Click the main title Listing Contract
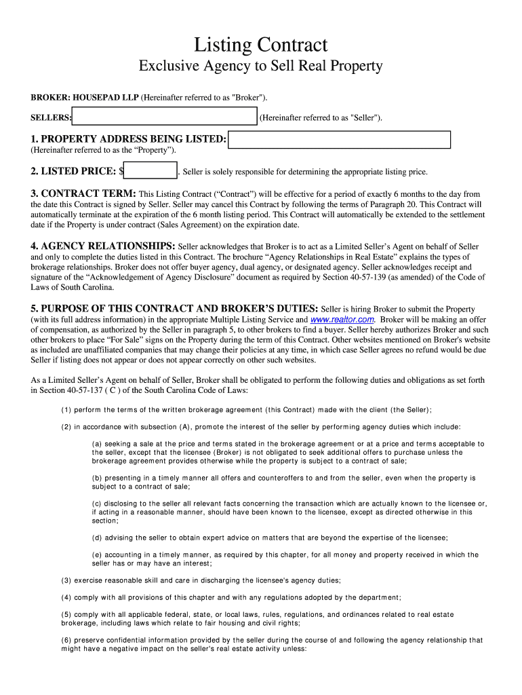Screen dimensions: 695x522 pyautogui.click(x=260, y=45)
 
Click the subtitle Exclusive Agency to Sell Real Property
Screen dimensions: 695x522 pyautogui.click(x=260, y=66)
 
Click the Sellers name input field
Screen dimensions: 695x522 pyautogui.click(x=165, y=117)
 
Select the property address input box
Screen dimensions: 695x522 pyautogui.click(x=340, y=140)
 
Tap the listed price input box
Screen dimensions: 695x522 pyautogui.click(x=151, y=171)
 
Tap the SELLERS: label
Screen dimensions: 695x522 pyautogui.click(x=51, y=117)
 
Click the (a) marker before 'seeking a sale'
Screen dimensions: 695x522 pyautogui.click(x=97, y=444)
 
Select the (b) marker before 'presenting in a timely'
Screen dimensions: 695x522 pyautogui.click(x=97, y=478)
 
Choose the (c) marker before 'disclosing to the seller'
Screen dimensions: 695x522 pyautogui.click(x=97, y=504)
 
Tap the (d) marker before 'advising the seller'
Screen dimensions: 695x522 pyautogui.click(x=97, y=538)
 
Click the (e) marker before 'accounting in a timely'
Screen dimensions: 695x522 pyautogui.click(x=97, y=555)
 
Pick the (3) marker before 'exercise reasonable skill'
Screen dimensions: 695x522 pyautogui.click(x=66, y=580)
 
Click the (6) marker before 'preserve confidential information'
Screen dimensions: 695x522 pyautogui.click(x=66, y=640)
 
